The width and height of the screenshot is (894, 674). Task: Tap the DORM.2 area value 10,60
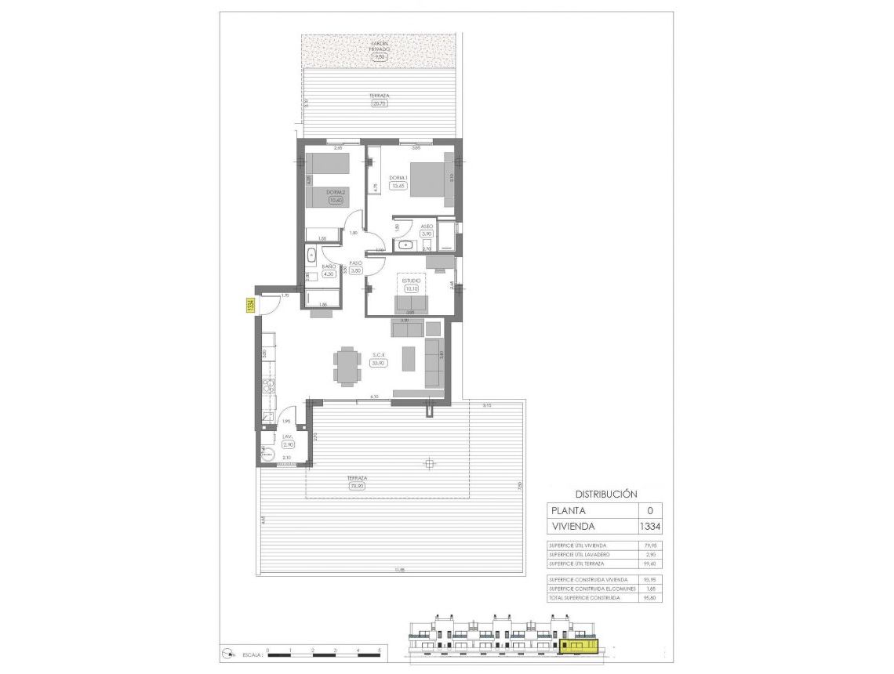tap(335, 201)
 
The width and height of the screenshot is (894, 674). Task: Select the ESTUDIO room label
tap(412, 280)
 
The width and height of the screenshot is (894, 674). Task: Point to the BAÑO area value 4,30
tap(329, 274)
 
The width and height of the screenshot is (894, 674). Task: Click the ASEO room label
tap(427, 226)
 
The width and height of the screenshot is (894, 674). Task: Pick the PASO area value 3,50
tap(354, 271)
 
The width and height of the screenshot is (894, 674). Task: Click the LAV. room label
tap(288, 437)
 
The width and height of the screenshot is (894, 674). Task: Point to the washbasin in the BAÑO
tap(311, 255)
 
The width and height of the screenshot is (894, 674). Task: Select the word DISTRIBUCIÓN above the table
tap(606, 495)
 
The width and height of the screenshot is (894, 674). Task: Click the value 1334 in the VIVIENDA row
tap(650, 526)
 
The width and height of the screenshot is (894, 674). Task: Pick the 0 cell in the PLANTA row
tap(649, 510)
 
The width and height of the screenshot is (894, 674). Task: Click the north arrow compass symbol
tap(227, 652)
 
